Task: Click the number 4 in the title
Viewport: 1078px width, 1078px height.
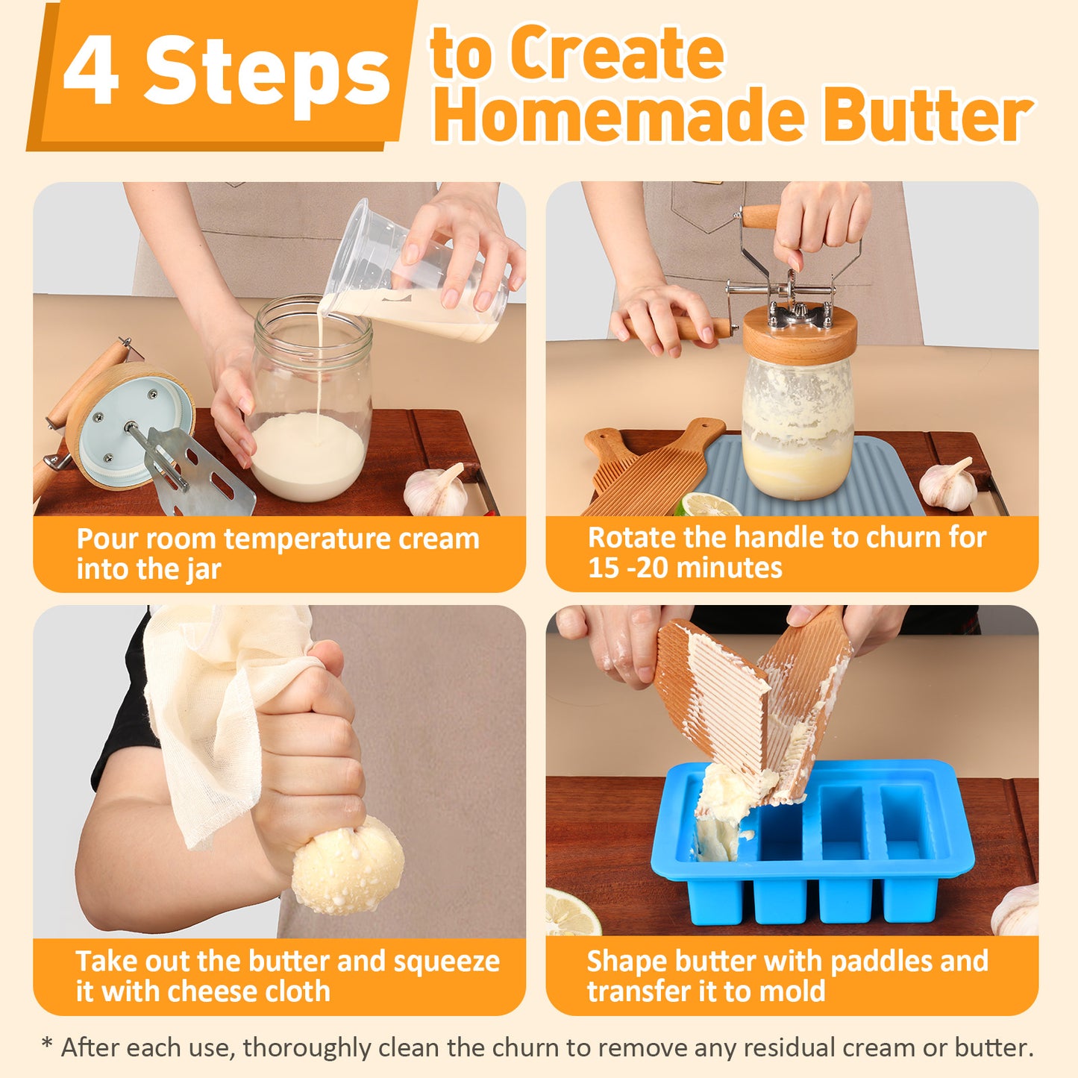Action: click(x=90, y=71)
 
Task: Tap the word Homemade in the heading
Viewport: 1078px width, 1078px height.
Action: click(x=618, y=116)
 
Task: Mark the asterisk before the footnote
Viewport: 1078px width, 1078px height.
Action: click(x=48, y=1044)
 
